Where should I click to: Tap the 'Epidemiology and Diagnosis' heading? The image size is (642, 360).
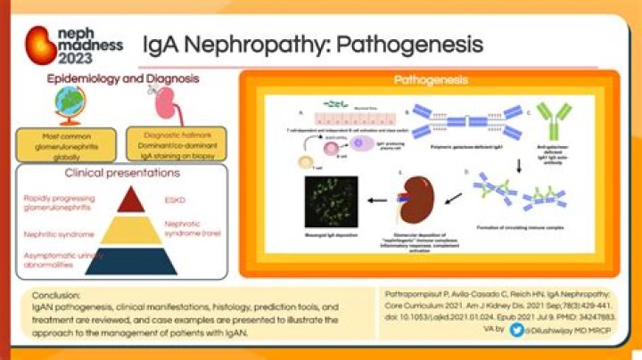coord(123,79)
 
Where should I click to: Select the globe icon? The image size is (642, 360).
coord(69,106)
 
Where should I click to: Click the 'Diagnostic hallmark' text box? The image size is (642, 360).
coord(169,143)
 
